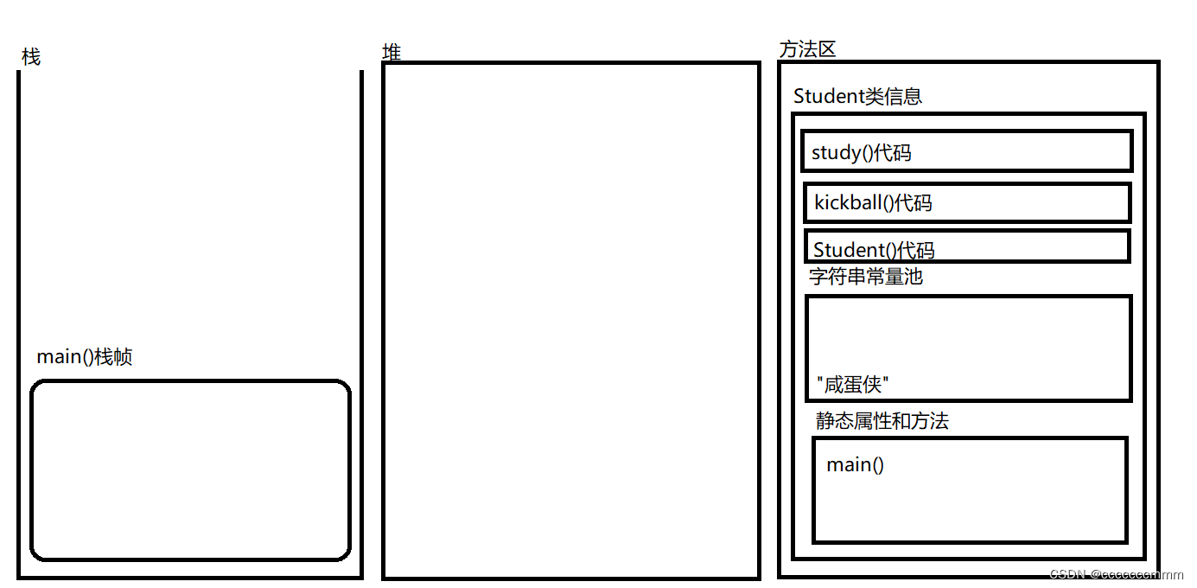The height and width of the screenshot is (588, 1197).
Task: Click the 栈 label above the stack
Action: click(31, 57)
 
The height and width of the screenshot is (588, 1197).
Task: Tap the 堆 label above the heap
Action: click(392, 52)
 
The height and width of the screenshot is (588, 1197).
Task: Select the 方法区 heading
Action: click(807, 49)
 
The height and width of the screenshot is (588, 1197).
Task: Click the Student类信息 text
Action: click(857, 96)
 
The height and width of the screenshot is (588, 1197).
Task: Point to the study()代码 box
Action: click(967, 151)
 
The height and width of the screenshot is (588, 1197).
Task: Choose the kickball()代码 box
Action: click(967, 203)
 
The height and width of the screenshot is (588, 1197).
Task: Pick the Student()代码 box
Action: click(967, 246)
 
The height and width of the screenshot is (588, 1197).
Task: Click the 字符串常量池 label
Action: click(866, 277)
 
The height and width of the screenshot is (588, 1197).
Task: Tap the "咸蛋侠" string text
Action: click(852, 385)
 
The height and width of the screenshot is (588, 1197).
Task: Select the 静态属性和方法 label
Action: click(882, 421)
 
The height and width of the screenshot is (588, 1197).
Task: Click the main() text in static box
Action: click(855, 464)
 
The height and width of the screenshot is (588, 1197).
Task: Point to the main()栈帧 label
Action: click(85, 357)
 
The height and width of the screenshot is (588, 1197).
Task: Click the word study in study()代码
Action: click(836, 153)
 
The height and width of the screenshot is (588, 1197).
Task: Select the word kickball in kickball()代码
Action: click(848, 203)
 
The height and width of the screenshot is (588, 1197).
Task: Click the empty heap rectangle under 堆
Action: click(570, 320)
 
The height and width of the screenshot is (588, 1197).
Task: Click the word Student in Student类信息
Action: click(828, 96)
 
